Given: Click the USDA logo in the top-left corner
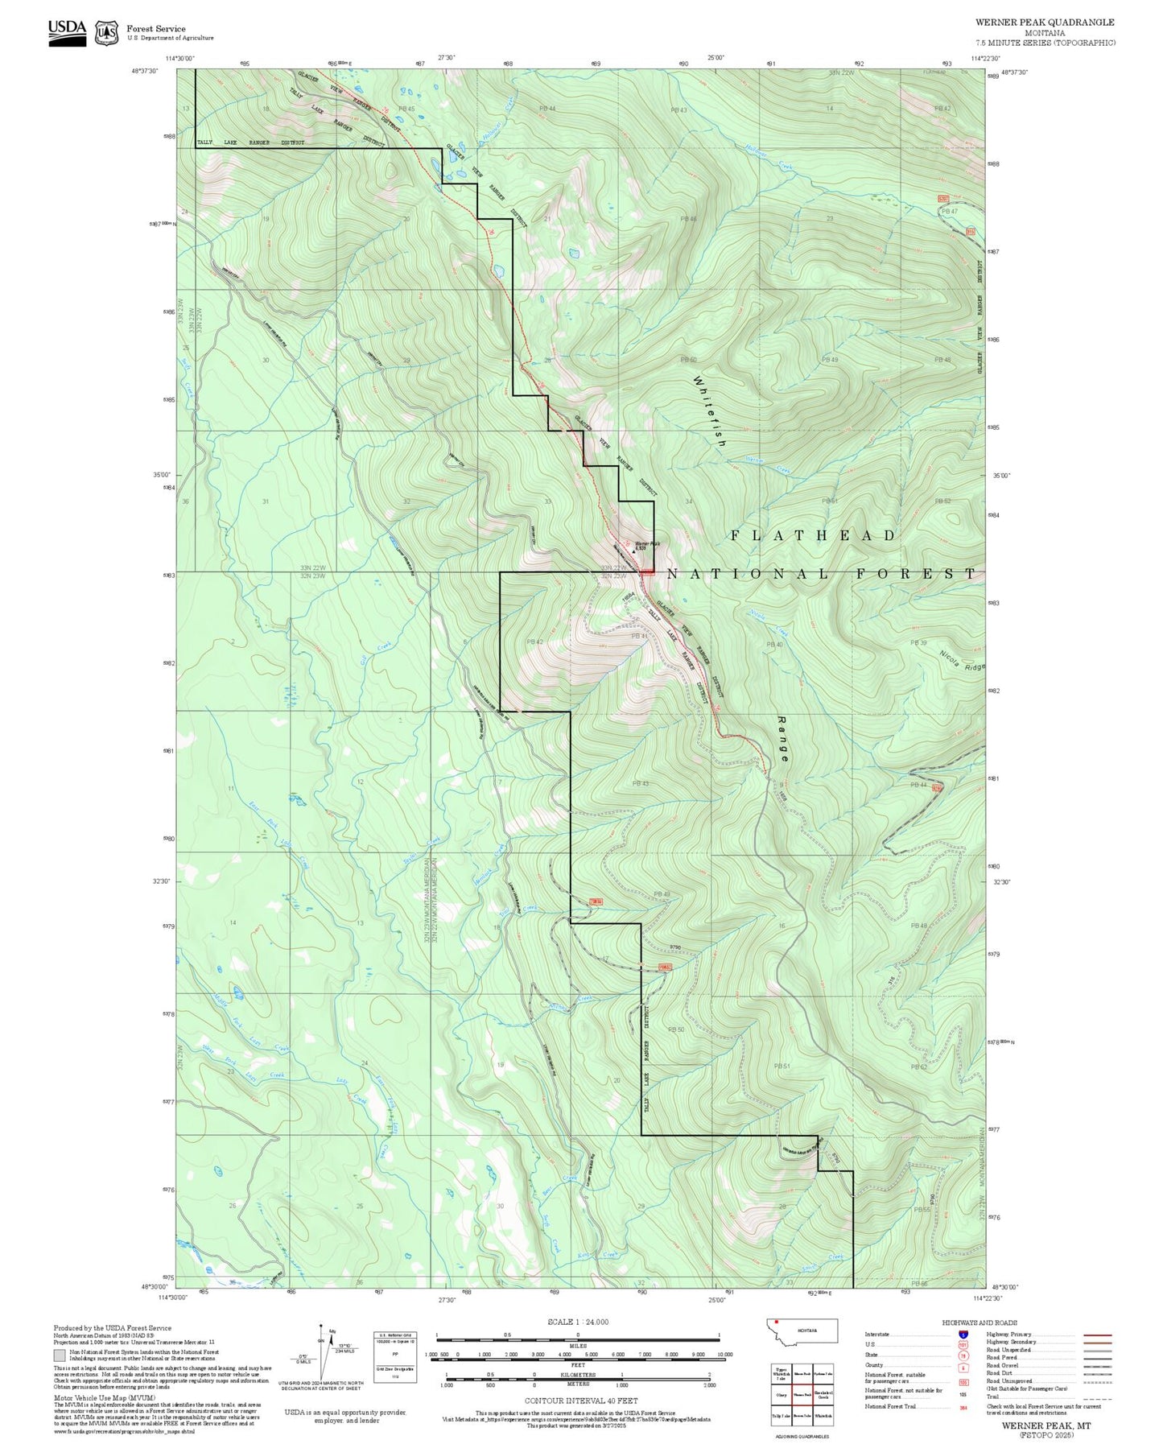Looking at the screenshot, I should point(67,32).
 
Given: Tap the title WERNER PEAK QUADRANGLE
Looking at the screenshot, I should point(1045,23).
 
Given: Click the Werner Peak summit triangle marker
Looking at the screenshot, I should point(633,551).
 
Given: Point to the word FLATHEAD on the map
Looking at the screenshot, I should point(813,535).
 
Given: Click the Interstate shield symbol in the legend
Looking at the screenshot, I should point(963,1335).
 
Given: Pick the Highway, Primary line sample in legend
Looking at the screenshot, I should point(1097,1335).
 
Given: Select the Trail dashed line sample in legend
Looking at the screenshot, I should point(1097,1398).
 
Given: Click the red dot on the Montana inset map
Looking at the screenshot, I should point(776,1322).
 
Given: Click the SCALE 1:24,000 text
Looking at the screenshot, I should point(578,1322).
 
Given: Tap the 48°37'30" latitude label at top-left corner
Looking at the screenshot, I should point(145,70).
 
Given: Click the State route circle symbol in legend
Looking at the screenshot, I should point(963,1355).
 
